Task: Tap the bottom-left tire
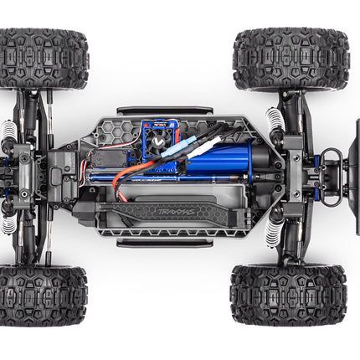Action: click(x=44, y=296)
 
